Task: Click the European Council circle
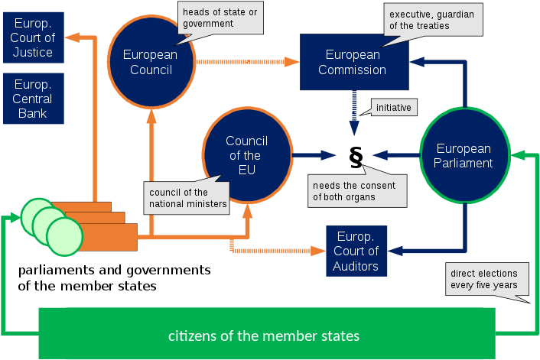[150, 62]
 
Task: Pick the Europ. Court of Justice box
[33, 36]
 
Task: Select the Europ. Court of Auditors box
[356, 250]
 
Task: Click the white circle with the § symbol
[355, 155]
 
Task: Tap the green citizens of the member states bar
[264, 335]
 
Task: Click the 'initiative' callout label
[393, 108]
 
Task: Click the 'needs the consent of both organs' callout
[357, 190]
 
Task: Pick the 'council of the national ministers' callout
[187, 198]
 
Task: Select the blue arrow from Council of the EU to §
[313, 155]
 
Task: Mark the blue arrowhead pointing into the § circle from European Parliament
[378, 155]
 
